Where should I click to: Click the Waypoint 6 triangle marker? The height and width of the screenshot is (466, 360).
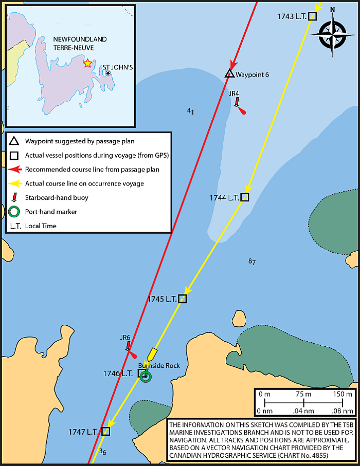(x=229, y=73)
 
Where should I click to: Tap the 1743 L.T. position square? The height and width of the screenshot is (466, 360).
(x=312, y=16)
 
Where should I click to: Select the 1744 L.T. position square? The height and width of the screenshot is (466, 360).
(x=245, y=197)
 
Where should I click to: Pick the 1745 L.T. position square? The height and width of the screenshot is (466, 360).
(x=183, y=299)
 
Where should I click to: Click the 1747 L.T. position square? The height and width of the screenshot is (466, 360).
(x=105, y=431)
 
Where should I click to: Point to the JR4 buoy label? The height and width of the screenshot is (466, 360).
(x=234, y=94)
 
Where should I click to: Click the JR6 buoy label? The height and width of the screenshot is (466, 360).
(x=125, y=338)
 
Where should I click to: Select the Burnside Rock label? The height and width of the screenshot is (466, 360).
(x=159, y=365)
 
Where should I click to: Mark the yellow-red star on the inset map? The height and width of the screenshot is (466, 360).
(x=87, y=63)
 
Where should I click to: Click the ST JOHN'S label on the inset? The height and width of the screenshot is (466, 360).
(x=118, y=67)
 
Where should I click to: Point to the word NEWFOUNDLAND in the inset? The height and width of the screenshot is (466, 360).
(x=80, y=39)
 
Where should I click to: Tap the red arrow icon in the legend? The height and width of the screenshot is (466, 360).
(x=15, y=170)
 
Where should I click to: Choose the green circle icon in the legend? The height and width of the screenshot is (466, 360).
(x=14, y=212)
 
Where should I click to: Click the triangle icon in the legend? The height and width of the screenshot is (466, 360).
(x=14, y=141)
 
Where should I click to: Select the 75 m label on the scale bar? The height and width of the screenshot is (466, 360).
(x=303, y=394)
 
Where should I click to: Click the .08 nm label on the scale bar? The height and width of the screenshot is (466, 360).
(x=343, y=411)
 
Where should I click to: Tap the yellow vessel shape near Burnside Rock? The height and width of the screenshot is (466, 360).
(x=152, y=353)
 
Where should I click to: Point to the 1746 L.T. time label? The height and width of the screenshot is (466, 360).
(x=118, y=374)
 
